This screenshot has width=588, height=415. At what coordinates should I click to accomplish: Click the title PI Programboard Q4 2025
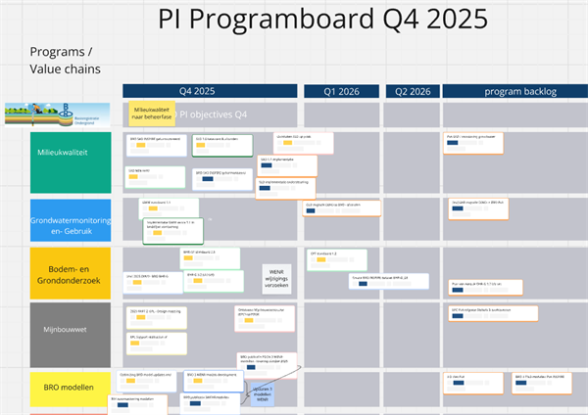click(x=322, y=21)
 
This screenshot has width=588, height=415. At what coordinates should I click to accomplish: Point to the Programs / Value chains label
click(x=62, y=60)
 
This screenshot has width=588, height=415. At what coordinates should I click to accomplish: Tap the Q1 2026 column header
click(x=340, y=91)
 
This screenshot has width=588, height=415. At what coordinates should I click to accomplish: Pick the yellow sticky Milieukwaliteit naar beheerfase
click(x=151, y=114)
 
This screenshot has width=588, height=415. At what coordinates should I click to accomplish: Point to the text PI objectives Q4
click(x=213, y=115)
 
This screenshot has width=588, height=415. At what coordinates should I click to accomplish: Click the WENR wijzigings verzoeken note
click(x=277, y=275)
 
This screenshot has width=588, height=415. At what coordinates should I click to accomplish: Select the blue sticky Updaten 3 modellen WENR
click(x=269, y=393)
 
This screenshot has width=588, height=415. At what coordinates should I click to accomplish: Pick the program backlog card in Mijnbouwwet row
click(x=493, y=314)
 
